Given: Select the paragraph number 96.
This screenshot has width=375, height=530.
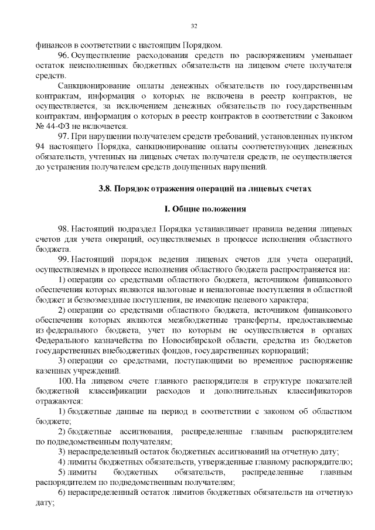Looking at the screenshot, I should tap(64, 54).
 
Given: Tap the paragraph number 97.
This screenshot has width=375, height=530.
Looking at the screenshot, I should tap(64, 136).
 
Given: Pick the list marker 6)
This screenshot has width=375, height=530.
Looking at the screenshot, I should tap(62, 493).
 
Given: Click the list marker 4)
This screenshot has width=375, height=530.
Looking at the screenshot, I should tap(62, 462).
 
